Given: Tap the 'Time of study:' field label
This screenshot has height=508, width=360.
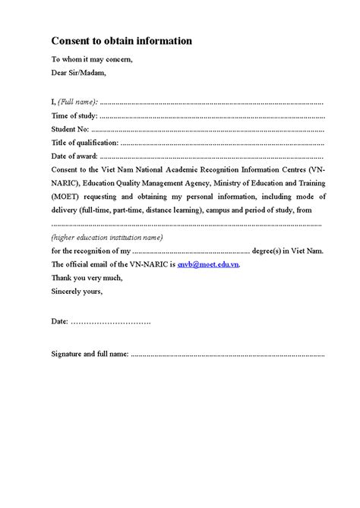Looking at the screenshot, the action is click(x=74, y=115).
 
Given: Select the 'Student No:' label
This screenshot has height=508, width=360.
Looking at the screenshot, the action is click(x=71, y=129).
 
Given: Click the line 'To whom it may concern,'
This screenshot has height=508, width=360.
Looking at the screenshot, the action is click(x=90, y=59).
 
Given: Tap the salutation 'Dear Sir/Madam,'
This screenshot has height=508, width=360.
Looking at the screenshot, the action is click(x=79, y=73).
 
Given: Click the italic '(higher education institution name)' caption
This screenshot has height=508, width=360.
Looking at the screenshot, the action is click(x=107, y=237).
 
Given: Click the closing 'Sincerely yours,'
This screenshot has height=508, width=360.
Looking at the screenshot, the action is click(x=77, y=290).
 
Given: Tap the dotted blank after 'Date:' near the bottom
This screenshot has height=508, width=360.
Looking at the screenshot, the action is click(x=111, y=322).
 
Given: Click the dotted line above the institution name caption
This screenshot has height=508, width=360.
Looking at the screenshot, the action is click(x=186, y=224).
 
